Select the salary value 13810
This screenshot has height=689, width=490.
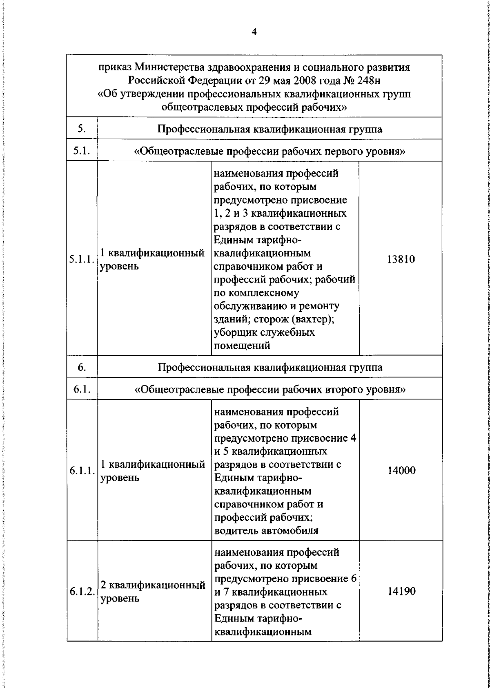(x=401, y=259)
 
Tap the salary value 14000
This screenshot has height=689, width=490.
(x=401, y=471)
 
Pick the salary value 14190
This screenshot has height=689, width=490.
(x=401, y=591)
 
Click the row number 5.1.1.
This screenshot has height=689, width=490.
(x=82, y=260)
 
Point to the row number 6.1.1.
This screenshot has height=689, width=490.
(x=82, y=471)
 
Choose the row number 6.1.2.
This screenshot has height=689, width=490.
(x=82, y=591)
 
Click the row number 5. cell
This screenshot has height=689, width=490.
(x=82, y=129)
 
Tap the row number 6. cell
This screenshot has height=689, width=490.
(x=82, y=367)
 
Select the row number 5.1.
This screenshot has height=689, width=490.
(x=82, y=151)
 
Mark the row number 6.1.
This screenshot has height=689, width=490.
(x=82, y=389)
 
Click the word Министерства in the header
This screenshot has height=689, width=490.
(x=170, y=67)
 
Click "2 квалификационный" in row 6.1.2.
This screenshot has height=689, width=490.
(x=153, y=586)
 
